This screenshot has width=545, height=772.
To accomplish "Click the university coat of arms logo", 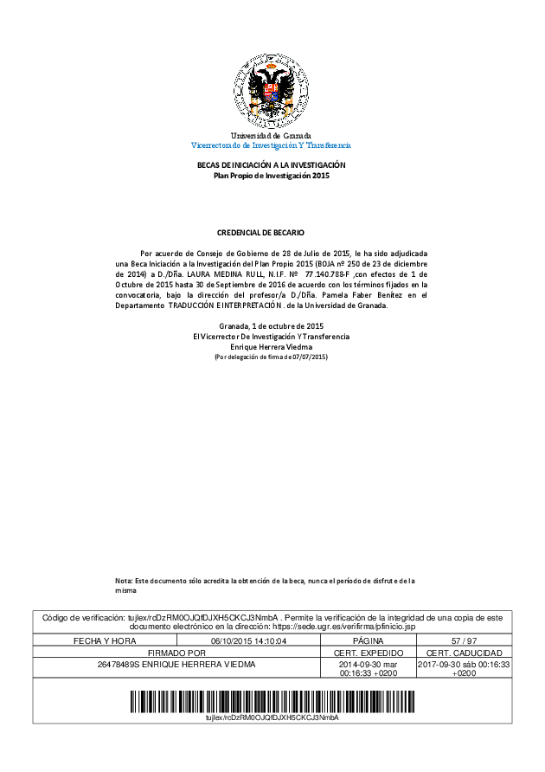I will [x=272, y=91].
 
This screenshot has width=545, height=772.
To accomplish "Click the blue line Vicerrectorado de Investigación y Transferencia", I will [x=271, y=145].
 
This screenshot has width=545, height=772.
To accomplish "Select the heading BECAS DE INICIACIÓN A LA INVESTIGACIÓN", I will [x=272, y=164].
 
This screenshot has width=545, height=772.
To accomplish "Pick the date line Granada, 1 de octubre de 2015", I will [x=271, y=325].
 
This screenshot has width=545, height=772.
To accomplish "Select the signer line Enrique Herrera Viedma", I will [x=271, y=346].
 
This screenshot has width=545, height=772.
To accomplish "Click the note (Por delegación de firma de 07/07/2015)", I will [x=271, y=357].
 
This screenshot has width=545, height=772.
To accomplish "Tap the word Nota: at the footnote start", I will [x=124, y=580].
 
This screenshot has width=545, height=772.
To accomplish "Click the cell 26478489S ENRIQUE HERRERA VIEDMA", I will [x=176, y=664].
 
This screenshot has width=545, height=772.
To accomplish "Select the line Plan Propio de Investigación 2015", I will [x=272, y=175].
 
